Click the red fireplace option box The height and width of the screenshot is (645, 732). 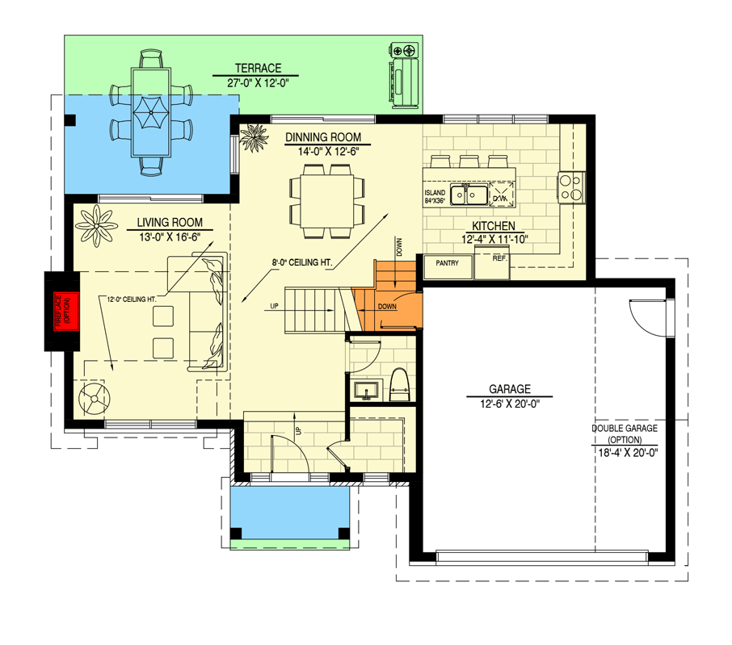[x=63, y=311]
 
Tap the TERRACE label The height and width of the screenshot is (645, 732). [x=258, y=69]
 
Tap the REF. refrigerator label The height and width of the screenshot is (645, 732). [x=499, y=259]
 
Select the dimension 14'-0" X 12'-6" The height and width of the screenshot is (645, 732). [x=322, y=151]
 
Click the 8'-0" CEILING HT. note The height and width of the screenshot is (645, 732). [x=303, y=262]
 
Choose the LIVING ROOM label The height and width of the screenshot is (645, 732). [x=169, y=222]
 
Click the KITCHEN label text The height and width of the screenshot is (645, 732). [x=493, y=226]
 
